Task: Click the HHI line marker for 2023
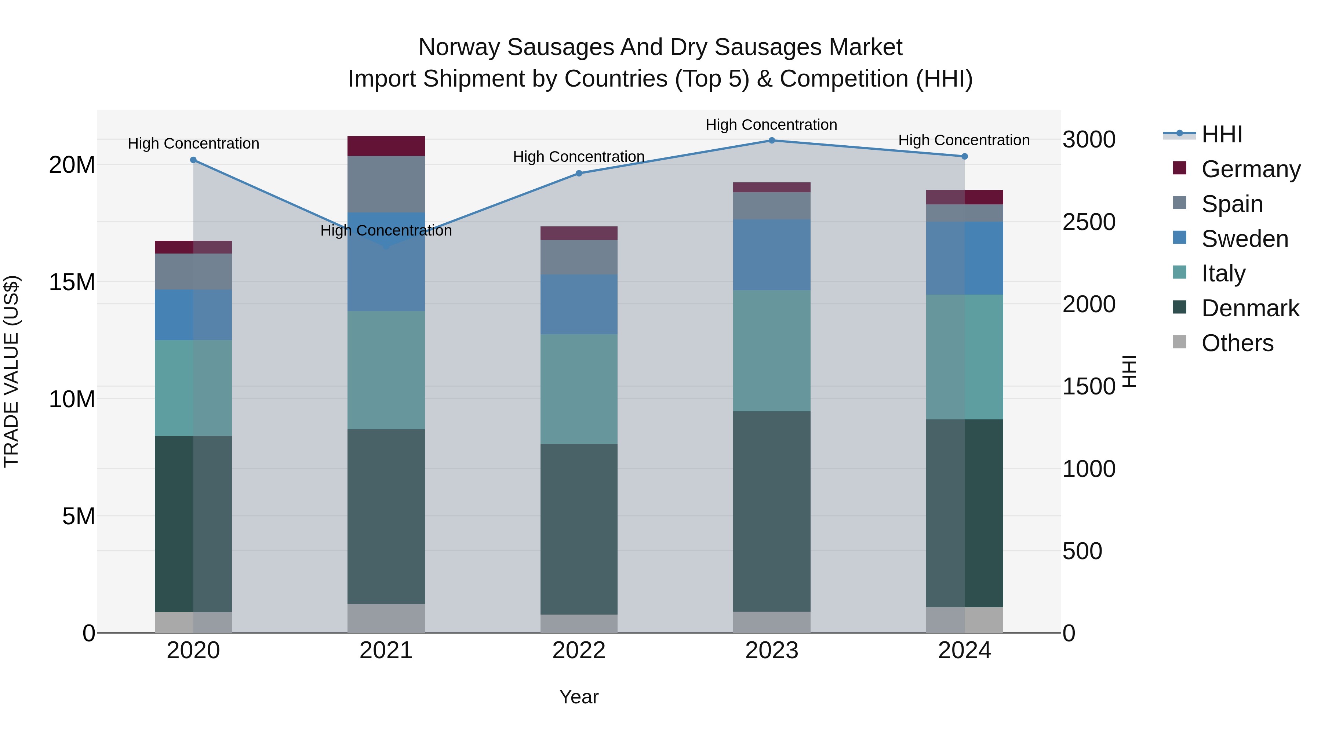771,141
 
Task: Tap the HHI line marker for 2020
193,160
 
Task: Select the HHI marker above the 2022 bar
579,173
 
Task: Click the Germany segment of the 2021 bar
386,146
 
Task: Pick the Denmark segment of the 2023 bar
771,511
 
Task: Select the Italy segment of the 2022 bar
579,389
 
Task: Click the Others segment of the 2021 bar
386,618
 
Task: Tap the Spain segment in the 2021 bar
386,184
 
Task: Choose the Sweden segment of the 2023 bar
771,255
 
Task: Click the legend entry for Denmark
1250,308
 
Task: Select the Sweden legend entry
1245,239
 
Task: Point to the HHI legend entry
1222,134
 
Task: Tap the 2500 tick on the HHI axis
1089,222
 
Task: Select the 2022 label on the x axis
579,651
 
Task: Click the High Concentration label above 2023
771,125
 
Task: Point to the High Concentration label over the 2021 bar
386,231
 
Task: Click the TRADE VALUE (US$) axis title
11,371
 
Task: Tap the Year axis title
579,697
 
